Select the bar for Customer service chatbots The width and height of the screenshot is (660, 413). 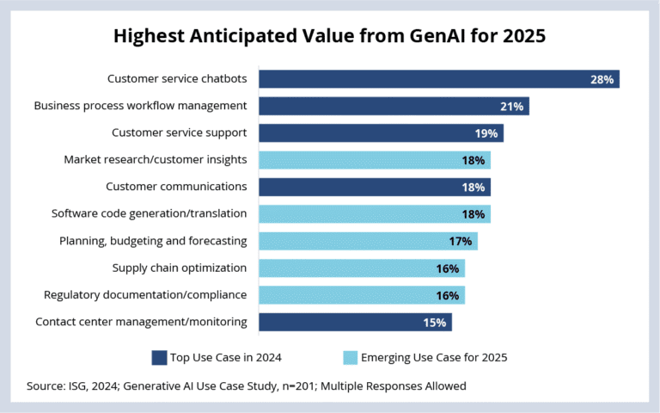438,79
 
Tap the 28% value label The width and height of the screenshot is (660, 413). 601,79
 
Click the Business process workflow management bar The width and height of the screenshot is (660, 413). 394,106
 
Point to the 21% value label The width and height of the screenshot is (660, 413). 510,106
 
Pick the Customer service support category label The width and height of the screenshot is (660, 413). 180,133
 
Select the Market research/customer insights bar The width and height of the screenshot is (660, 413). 374,160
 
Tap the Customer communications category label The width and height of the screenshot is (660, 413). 176,187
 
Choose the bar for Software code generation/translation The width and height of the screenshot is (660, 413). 374,213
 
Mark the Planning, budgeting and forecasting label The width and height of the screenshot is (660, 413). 153,241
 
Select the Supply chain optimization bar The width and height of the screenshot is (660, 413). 361,268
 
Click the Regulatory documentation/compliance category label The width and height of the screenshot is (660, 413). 145,295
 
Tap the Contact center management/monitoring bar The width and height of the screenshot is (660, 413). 355,322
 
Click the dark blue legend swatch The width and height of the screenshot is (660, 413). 160,356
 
